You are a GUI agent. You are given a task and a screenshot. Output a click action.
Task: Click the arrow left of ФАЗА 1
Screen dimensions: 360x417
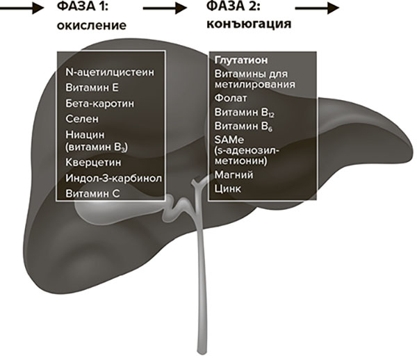19,10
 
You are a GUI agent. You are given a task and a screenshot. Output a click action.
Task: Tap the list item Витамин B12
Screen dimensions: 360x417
244,113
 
